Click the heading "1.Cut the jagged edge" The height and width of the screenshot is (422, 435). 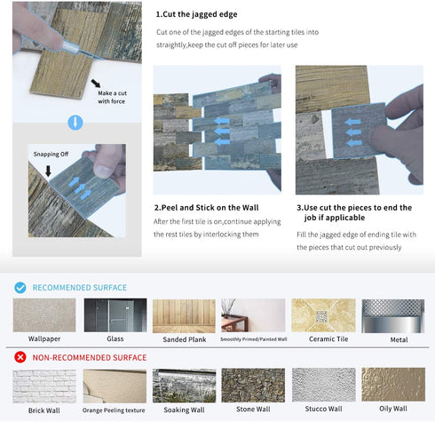click(x=196, y=14)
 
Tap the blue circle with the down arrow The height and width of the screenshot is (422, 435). click(x=75, y=123)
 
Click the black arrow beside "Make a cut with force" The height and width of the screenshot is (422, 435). click(x=96, y=84)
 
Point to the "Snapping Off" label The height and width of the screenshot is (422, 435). click(x=51, y=154)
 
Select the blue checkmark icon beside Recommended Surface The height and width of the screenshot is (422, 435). click(x=20, y=288)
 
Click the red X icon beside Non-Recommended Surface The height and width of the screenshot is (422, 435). click(x=20, y=357)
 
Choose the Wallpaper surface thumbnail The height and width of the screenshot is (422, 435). click(x=44, y=315)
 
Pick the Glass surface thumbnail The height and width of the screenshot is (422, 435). click(x=115, y=315)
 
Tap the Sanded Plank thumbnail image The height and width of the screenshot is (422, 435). click(x=184, y=316)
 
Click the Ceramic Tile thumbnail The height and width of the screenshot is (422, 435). click(x=323, y=315)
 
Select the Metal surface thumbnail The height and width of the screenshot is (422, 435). click(x=393, y=316)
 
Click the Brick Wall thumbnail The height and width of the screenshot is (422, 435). click(x=44, y=386)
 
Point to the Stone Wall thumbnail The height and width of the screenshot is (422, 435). click(x=253, y=386)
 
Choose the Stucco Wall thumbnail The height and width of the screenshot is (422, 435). click(x=324, y=385)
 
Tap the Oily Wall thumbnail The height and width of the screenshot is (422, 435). click(x=393, y=385)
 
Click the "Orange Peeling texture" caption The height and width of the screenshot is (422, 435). click(x=114, y=410)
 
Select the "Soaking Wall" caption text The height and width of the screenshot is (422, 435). click(x=184, y=410)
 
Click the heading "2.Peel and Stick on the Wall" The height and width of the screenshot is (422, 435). click(x=207, y=208)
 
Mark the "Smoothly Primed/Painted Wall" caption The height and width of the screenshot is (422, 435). click(x=254, y=339)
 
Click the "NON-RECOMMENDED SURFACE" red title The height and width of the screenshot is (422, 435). click(x=90, y=358)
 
